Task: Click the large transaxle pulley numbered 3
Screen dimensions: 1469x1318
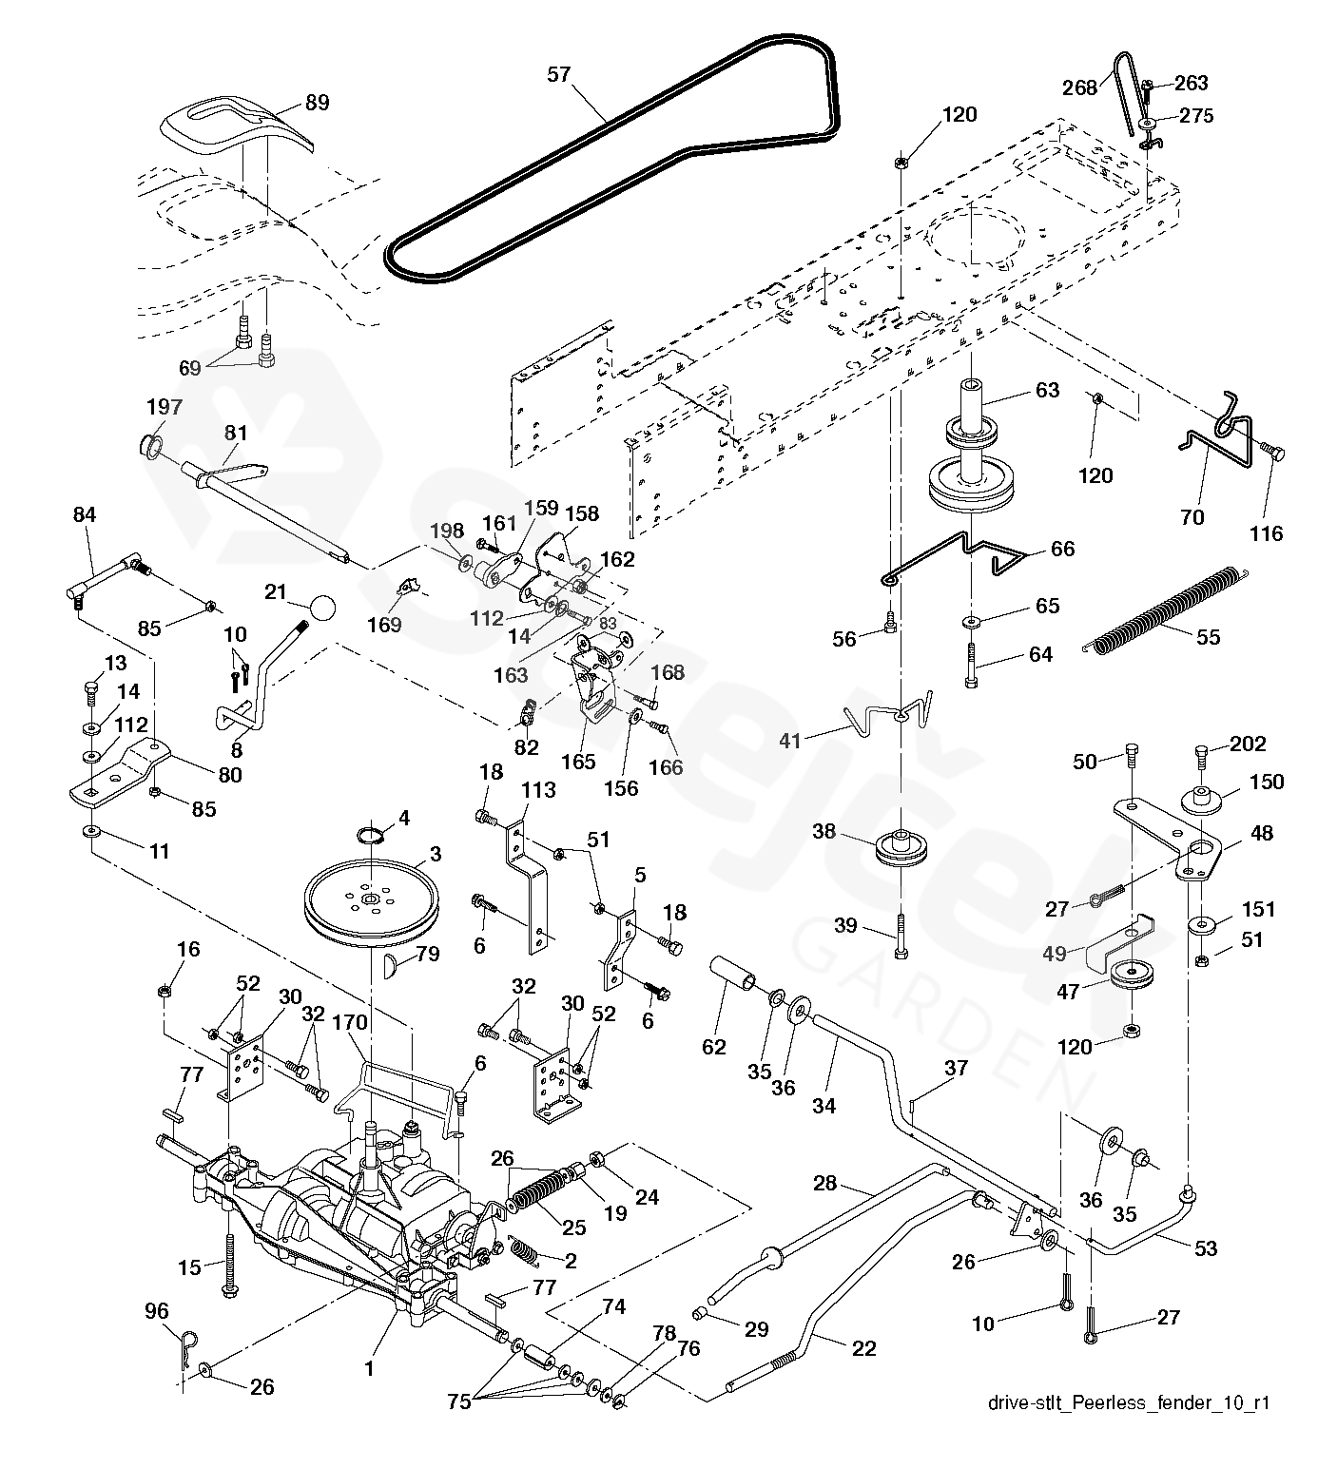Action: point(369,896)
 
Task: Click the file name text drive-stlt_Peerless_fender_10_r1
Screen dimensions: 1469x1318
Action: point(1128,1403)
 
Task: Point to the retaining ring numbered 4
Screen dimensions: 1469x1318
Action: point(375,835)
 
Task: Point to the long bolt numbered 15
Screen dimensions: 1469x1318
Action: point(229,1263)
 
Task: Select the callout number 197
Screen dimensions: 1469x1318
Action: point(164,407)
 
